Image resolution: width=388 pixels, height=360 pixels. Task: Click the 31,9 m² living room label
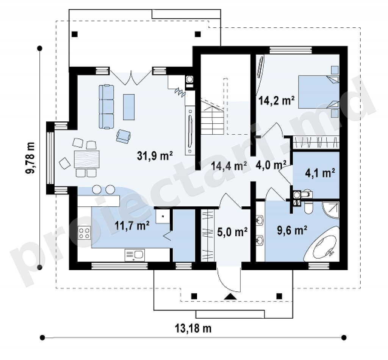155,156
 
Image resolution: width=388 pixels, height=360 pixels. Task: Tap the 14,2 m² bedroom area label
276,101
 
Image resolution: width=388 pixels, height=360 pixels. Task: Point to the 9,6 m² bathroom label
292,230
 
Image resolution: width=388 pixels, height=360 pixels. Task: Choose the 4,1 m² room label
320,173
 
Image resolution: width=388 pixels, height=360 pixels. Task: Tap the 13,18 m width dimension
193,329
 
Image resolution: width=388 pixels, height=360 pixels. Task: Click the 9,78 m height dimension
31,158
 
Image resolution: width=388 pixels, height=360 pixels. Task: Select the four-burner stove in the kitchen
84,233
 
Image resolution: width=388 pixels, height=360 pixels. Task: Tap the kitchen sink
135,255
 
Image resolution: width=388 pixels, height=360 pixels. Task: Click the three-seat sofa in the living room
106,107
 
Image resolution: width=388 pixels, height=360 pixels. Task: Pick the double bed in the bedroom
319,92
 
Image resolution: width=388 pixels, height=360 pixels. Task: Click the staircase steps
213,116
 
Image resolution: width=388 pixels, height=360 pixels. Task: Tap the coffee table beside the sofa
129,107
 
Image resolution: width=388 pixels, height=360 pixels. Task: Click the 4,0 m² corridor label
271,165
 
